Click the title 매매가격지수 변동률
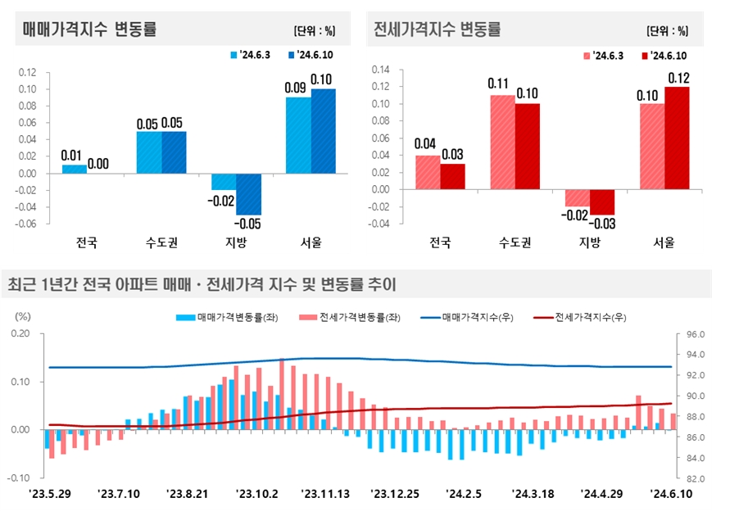click(x=90, y=30)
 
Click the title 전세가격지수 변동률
click(x=437, y=30)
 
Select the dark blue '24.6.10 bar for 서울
click(x=323, y=131)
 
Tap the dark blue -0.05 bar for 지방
click(x=248, y=193)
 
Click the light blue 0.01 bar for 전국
click(x=74, y=169)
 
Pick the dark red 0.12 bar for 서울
click(x=677, y=138)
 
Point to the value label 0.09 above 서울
click(x=297, y=87)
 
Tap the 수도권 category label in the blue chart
click(x=161, y=242)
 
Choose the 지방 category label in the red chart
click(x=590, y=242)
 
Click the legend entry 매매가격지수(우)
click(x=469, y=317)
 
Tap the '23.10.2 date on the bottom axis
click(x=256, y=494)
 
